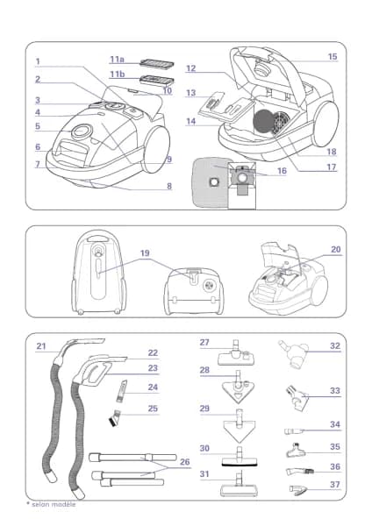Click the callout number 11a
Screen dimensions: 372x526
118,60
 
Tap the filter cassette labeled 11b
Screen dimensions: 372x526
157,80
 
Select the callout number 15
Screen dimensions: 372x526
333,57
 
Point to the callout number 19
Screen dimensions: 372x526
145,253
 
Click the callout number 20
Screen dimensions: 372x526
336,250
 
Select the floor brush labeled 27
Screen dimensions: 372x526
237,354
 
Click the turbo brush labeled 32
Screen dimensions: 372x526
295,354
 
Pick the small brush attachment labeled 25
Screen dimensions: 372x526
114,416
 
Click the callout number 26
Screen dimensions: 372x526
185,462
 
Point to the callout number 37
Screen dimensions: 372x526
335,485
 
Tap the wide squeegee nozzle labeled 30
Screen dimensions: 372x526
240,458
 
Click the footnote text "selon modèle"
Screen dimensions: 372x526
54,504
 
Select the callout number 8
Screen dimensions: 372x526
169,186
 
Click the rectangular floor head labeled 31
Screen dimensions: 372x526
239,485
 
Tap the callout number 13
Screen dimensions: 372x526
191,93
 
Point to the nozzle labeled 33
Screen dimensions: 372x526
297,399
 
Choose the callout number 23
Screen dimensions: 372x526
153,368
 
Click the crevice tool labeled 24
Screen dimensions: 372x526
121,391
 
